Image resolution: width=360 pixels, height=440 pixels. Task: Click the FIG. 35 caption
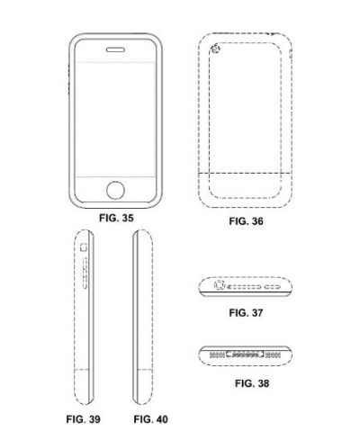116,218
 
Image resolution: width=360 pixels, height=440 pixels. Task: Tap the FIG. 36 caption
246,221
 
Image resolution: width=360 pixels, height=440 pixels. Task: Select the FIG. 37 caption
246,313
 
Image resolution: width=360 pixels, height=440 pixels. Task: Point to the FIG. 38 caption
252,383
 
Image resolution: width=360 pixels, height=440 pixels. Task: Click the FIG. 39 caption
83,419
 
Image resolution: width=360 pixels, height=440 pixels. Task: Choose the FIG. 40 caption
150,419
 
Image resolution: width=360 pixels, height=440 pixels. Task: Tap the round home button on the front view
115,190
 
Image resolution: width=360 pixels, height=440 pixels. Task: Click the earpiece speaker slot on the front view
115,49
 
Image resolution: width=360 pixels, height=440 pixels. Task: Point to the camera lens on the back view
216,49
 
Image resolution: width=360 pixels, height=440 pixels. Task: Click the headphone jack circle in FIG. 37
220,285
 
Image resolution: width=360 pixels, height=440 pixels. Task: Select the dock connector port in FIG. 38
245,355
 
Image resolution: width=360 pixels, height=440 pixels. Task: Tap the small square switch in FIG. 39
83,247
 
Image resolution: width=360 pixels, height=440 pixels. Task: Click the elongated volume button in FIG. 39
85,274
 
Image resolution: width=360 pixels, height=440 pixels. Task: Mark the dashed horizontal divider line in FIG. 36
245,173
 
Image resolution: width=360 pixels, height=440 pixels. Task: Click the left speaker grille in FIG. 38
217,355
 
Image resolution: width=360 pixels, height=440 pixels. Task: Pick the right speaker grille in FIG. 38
273,355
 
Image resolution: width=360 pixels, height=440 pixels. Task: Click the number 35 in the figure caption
127,218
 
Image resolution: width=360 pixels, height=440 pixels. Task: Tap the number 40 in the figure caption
161,419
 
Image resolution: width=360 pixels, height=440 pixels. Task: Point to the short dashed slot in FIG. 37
272,287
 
